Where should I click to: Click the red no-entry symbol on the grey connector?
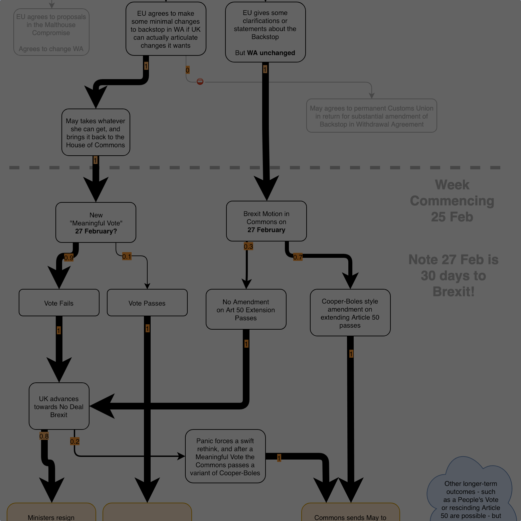200,81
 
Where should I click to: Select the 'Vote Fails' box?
59,303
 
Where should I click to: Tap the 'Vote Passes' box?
147,303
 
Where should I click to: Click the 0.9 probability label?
68,258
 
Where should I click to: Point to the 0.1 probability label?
127,256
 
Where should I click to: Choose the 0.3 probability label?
248,246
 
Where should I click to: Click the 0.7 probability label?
298,257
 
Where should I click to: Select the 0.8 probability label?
44,436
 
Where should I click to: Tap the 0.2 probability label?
75,442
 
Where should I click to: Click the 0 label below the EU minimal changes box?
187,70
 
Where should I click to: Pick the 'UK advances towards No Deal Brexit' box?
59,406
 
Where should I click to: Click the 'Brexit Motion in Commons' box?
266,221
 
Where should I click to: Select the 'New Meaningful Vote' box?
96,222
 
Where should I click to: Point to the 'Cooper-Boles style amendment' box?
350,313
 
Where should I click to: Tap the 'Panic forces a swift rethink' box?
225,456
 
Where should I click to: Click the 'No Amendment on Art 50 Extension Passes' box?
246,309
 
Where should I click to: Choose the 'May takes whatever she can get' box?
96,132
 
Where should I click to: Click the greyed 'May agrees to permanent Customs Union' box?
371,116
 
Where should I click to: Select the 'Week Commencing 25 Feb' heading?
452,200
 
